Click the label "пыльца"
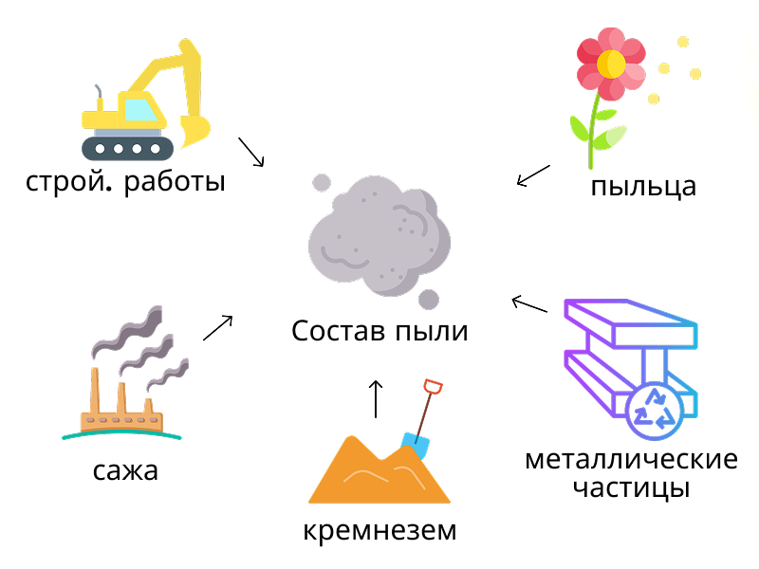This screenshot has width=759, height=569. tap(642, 186)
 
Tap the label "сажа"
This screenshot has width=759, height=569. tap(126, 470)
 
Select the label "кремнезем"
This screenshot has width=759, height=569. tap(379, 530)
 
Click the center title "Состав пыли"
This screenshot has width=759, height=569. tap(379, 332)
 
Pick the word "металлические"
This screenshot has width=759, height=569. tap(631, 460)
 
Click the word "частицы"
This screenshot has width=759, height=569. tap(631, 489)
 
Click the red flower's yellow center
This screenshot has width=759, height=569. tap(611, 64)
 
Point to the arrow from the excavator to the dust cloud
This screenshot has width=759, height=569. tap(250, 151)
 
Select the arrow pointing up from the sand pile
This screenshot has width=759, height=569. tap(376, 398)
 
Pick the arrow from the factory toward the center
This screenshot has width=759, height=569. tap(218, 327)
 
